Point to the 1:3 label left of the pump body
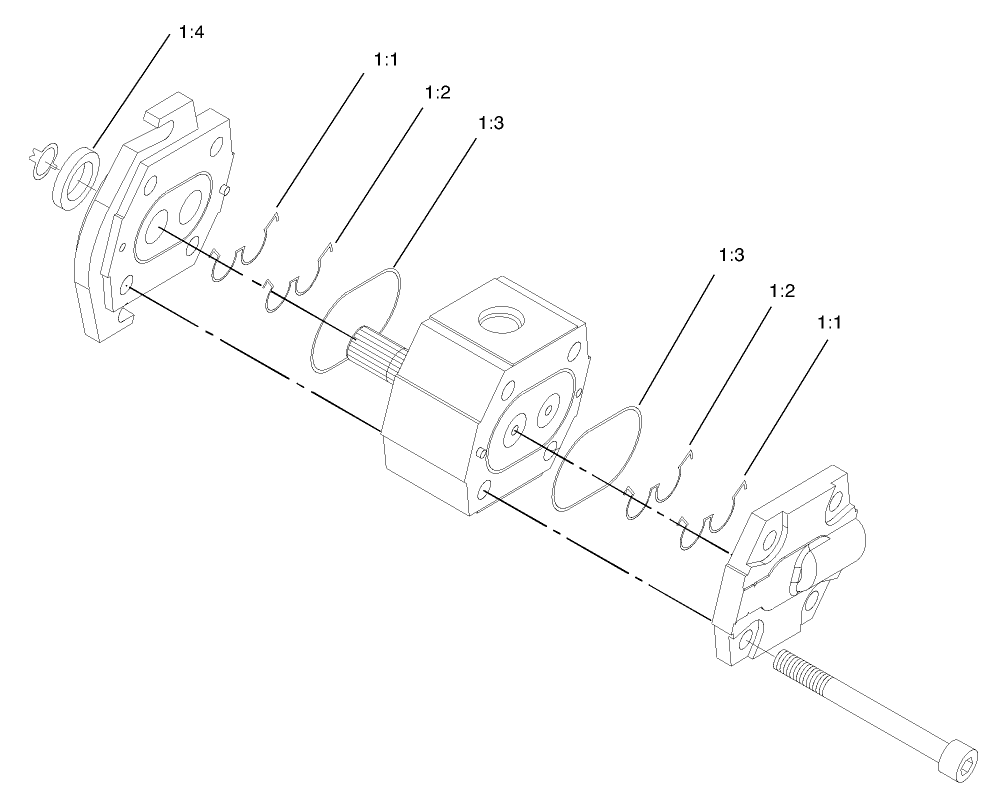(x=490, y=123)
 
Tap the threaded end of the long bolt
(x=795, y=668)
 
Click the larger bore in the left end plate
(x=161, y=232)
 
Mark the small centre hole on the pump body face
(x=513, y=431)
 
